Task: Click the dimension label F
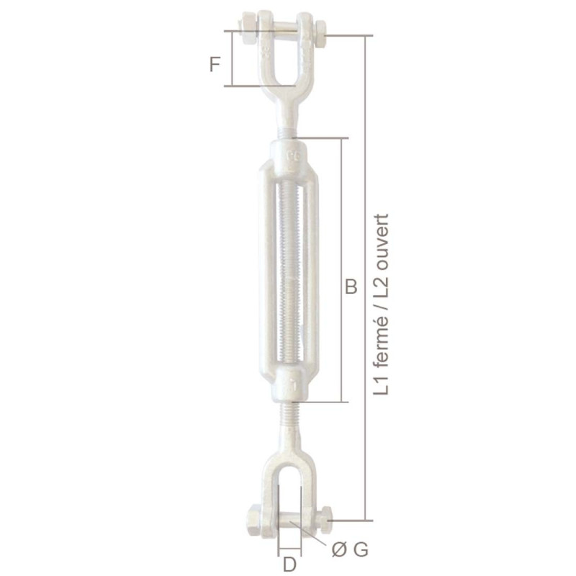pyautogui.click(x=215, y=64)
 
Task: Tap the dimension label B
pyautogui.click(x=351, y=287)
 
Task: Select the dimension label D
pyautogui.click(x=289, y=564)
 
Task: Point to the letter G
pyautogui.click(x=361, y=550)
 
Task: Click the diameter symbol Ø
pyautogui.click(x=339, y=550)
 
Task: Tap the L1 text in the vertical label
pyautogui.click(x=381, y=385)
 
